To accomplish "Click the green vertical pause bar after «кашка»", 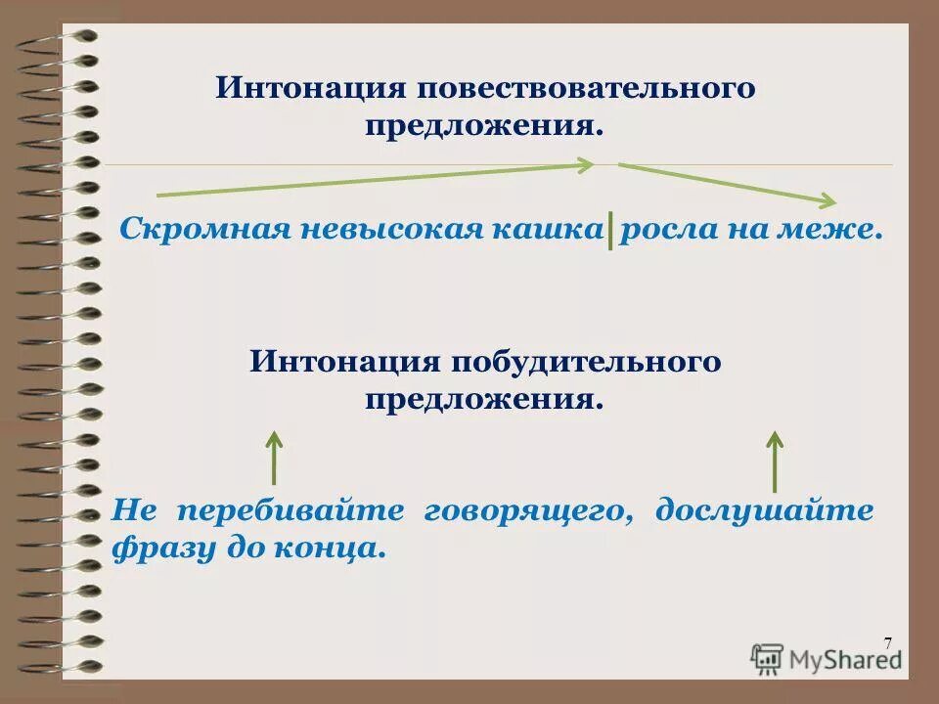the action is tap(610, 232).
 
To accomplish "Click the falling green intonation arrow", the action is tap(725, 183).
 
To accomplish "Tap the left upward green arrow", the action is tap(275, 457).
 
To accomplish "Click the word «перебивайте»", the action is tap(291, 511).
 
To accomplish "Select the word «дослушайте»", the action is tap(764, 511).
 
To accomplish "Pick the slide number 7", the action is tap(887, 642).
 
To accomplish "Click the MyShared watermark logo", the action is tap(827, 657).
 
